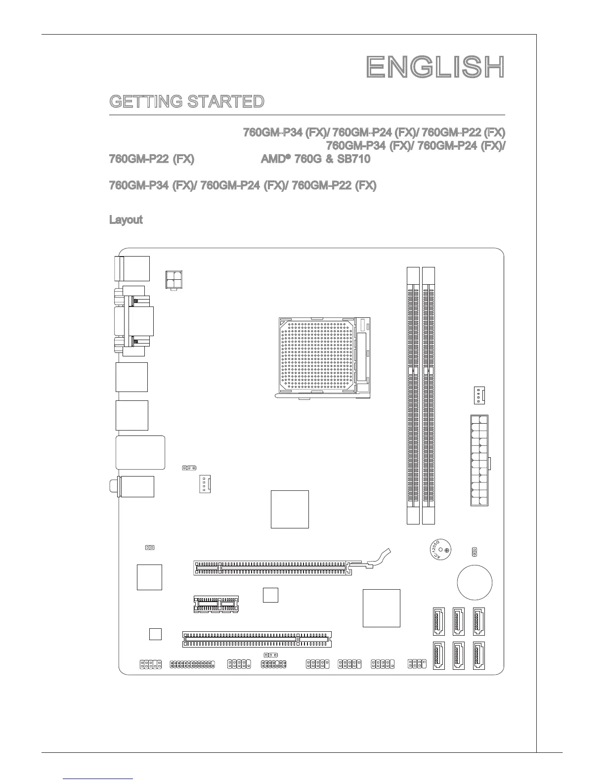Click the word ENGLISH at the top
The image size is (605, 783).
coord(435,67)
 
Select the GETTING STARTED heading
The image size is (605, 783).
coord(186,102)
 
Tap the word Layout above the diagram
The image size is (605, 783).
coord(126,219)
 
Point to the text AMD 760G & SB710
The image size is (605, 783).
coord(315,159)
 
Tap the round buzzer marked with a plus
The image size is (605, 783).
coord(440,550)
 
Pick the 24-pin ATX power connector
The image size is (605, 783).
coord(479,460)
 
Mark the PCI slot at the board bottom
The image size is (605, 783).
coord(257,639)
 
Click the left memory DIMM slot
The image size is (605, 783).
coord(413,395)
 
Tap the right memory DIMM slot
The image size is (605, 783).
coord(429,395)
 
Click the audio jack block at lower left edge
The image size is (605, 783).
coord(136,486)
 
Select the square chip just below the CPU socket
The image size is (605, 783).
coord(290,509)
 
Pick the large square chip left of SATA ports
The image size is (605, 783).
coord(381,608)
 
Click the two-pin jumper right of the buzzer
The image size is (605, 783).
coord(474,551)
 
